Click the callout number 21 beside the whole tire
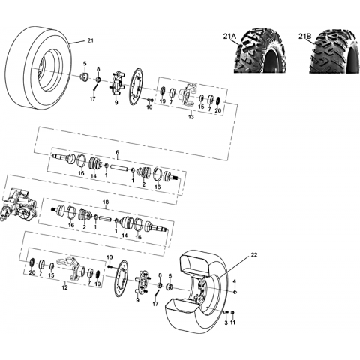pyautogui.click(x=90, y=40)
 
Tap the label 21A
pyautogui.click(x=229, y=37)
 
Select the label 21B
pyautogui.click(x=304, y=37)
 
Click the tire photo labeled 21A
pyautogui.click(x=260, y=52)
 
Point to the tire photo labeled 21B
pyautogui.click(x=334, y=52)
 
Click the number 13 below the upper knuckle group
pyautogui.click(x=191, y=117)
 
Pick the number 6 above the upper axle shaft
pyautogui.click(x=118, y=152)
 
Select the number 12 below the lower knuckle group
pyautogui.click(x=64, y=287)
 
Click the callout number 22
pyautogui.click(x=254, y=255)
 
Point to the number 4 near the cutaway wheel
pyautogui.click(x=234, y=281)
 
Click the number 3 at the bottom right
pyautogui.click(x=226, y=323)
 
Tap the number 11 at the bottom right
pyautogui.click(x=232, y=323)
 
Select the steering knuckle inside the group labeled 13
pyautogui.click(x=187, y=95)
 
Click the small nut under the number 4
pyautogui.click(x=235, y=292)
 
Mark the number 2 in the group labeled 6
pyautogui.click(x=144, y=185)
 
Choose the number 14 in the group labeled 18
pyautogui.click(x=124, y=235)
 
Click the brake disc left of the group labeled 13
pyautogui.click(x=136, y=87)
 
